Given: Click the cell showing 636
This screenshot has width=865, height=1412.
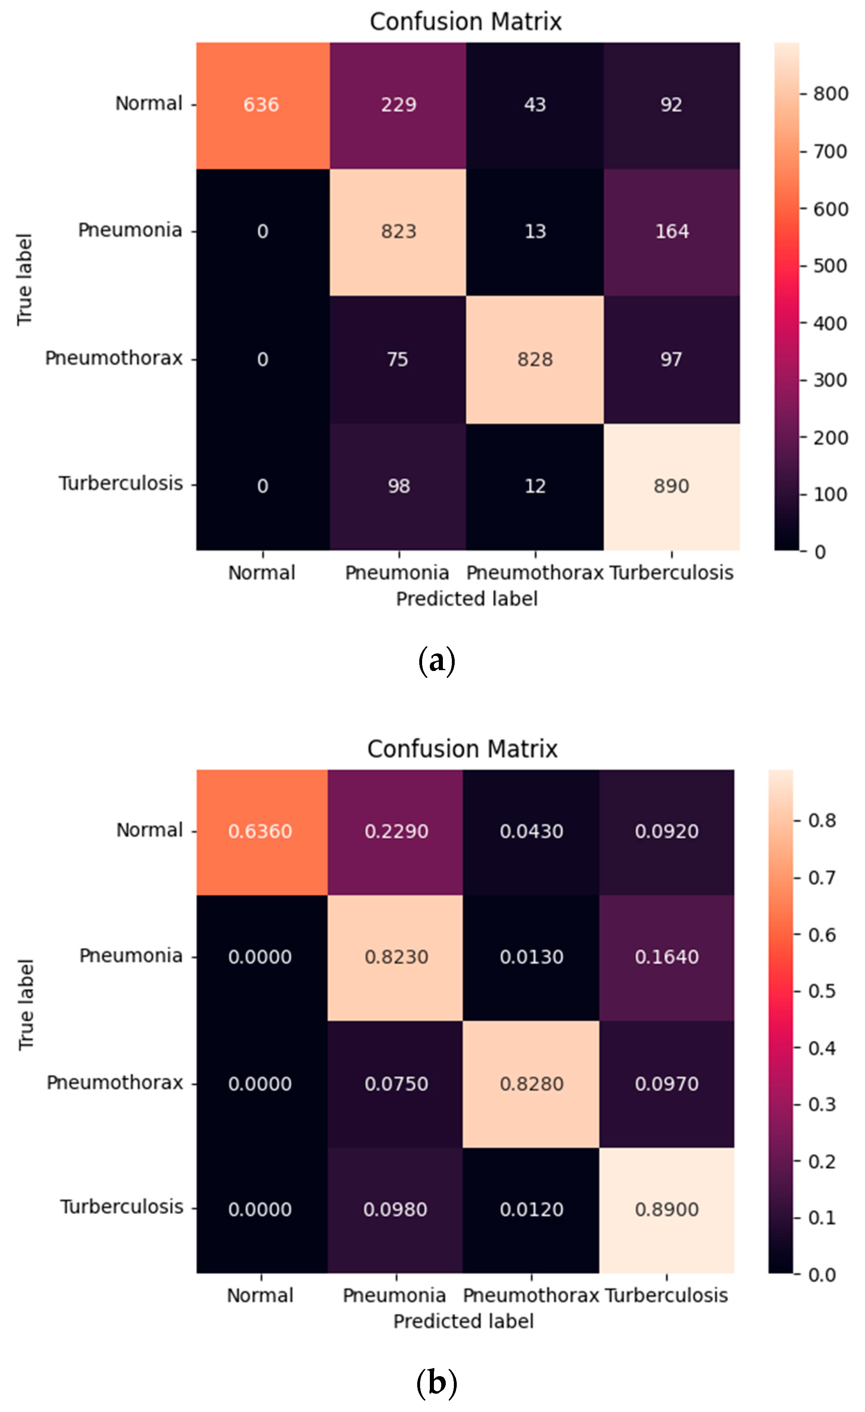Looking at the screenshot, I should click(261, 105).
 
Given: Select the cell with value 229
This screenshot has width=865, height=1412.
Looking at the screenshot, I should click(398, 105).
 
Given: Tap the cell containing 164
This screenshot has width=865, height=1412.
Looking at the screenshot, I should click(671, 232).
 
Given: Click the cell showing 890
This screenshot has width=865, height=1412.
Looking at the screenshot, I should click(671, 486).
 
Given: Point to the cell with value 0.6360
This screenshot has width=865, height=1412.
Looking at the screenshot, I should click(260, 831).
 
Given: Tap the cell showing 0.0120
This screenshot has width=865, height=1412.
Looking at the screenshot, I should click(531, 1209).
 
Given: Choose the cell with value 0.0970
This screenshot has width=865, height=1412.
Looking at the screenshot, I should click(666, 1084).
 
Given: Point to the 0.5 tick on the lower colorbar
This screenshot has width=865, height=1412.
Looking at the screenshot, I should click(822, 991).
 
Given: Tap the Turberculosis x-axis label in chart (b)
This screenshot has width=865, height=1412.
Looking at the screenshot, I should click(666, 1295).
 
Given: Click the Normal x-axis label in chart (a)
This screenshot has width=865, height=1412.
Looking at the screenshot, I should click(262, 572).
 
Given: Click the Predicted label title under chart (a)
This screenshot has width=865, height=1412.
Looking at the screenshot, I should click(466, 599).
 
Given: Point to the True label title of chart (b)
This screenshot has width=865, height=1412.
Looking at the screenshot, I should click(26, 1004).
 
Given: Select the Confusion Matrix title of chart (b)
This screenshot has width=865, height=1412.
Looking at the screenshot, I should click(462, 749).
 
